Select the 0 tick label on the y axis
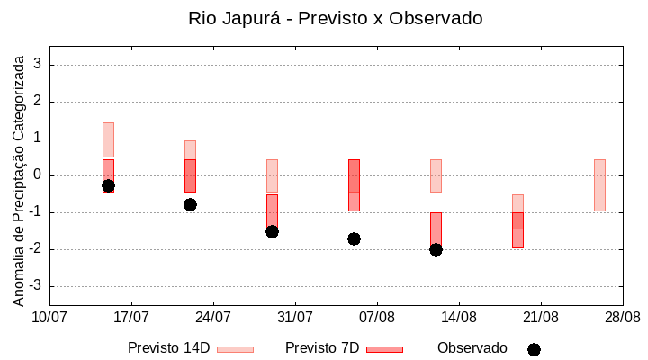click(38, 175)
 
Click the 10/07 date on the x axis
click(49, 318)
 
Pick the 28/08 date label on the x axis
click(622, 318)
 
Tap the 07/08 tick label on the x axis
click(377, 318)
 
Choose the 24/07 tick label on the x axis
click(213, 318)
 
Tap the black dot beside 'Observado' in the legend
click(534, 349)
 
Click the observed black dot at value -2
click(436, 249)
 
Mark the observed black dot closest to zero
click(108, 185)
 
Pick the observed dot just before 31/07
click(272, 231)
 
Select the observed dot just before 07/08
click(354, 238)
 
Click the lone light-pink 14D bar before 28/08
click(599, 184)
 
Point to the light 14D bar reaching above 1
click(108, 139)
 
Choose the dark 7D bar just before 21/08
click(517, 229)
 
